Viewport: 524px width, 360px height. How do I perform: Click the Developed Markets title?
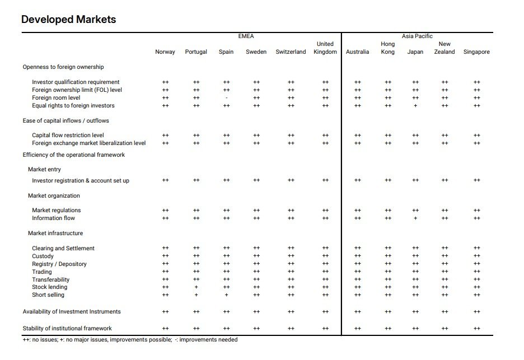68,20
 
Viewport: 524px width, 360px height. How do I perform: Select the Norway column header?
165,52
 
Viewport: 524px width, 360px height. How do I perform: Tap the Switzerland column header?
291,52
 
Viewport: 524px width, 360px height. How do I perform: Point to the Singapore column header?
476,52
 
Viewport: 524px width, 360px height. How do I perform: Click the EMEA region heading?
246,36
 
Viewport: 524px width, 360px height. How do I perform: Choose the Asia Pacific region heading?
417,36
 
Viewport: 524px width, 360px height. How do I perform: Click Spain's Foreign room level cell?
227,98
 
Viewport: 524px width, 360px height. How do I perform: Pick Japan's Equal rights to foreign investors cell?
415,106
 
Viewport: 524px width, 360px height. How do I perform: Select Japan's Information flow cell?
415,218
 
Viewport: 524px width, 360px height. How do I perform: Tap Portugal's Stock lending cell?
196,287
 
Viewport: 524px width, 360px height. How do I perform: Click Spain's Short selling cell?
227,295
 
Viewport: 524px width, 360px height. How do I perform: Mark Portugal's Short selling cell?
196,295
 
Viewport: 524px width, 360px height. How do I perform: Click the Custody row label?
43,256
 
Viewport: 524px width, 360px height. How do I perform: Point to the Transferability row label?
51,279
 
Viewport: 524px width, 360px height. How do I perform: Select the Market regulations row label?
57,211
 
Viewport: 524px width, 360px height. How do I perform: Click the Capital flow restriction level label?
68,135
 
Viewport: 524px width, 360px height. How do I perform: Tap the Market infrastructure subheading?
55,233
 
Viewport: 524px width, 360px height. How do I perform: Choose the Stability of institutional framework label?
67,328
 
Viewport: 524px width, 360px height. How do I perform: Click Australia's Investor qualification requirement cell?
358,82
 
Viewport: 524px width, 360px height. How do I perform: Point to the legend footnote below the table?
130,340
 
